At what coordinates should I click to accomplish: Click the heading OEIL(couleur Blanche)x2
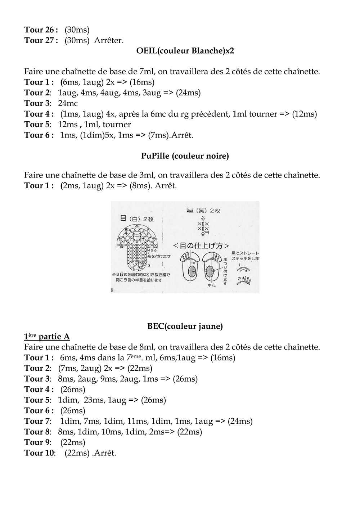coord(185,51)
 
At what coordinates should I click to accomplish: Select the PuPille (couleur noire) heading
coord(185,156)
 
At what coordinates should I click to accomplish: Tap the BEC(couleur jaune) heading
coord(185,326)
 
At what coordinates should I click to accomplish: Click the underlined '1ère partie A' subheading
coord(47,337)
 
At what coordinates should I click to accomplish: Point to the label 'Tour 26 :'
coord(41,30)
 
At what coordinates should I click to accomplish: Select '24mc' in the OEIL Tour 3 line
coord(68,103)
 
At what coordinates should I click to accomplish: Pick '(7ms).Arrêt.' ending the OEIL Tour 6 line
coord(171,135)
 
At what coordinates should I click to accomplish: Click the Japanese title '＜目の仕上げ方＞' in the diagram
coord(201,246)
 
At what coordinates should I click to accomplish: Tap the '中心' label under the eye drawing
coord(211,286)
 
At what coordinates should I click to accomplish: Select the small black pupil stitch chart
coord(203,227)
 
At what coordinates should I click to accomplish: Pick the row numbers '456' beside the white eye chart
coord(152,250)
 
